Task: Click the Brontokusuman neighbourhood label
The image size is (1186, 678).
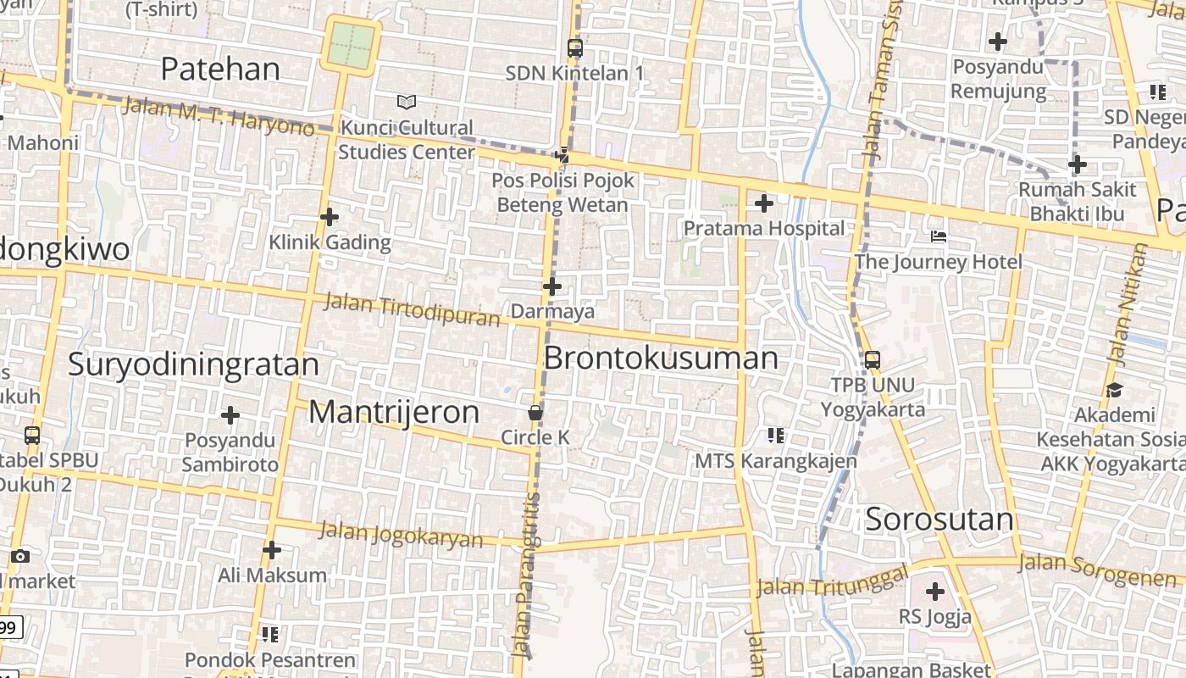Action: (660, 358)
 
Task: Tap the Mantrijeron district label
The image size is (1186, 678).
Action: (394, 412)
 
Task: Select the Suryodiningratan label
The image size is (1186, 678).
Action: (193, 364)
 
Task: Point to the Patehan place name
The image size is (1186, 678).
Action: (219, 69)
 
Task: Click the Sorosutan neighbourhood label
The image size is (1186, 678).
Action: (939, 520)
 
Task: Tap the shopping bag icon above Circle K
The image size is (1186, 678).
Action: (535, 413)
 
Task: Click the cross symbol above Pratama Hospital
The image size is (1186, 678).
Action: (763, 203)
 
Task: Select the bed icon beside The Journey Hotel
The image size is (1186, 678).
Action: (938, 236)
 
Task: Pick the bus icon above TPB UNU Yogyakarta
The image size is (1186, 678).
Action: (873, 359)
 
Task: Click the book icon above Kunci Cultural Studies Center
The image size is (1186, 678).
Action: (407, 103)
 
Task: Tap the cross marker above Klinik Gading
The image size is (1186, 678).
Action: (330, 217)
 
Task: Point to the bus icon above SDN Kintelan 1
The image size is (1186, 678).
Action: (575, 47)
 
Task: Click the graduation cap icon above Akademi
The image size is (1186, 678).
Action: (1114, 390)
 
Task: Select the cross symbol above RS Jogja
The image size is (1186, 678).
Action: (935, 591)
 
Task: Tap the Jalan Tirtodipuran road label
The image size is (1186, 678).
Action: (413, 309)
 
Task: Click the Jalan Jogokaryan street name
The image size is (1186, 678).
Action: (401, 535)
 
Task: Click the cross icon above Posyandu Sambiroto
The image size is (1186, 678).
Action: (230, 415)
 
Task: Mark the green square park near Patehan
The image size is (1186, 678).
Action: (351, 45)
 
